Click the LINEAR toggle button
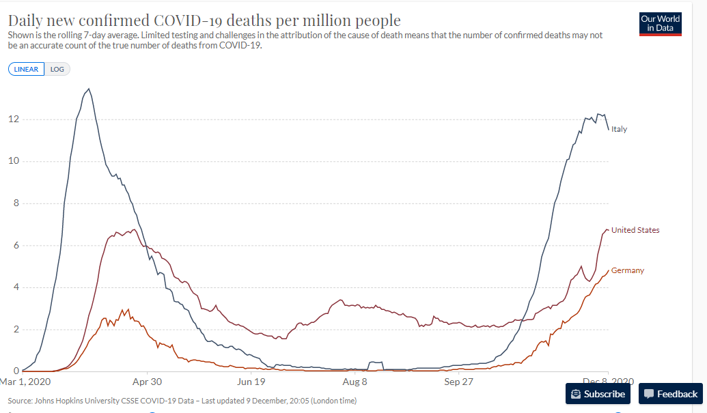coord(26,70)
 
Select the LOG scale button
coord(57,70)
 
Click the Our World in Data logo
coord(660,24)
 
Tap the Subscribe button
coord(598,394)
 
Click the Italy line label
coord(619,129)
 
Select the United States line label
coord(635,230)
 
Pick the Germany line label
coord(628,270)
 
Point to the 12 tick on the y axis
coord(14,119)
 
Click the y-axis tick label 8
coord(16,203)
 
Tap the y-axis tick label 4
coord(16,287)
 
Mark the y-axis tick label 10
coord(14,161)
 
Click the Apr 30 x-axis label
coord(147,382)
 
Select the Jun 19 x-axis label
coord(251,382)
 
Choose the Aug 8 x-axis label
coord(355,382)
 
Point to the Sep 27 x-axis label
coord(458,382)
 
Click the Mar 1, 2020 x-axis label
coord(25,382)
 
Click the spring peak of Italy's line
coord(89,89)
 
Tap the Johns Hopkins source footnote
coord(182,401)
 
